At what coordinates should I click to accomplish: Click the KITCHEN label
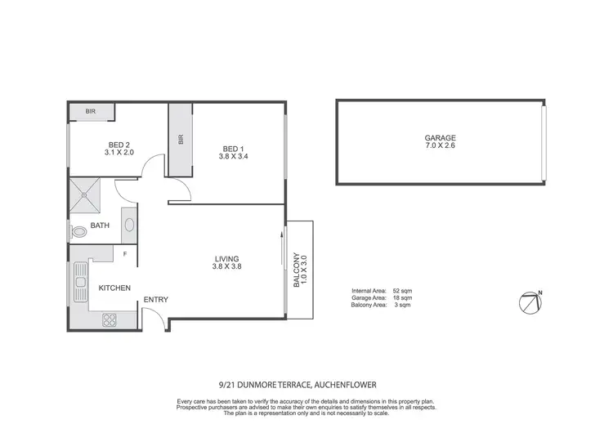(115, 288)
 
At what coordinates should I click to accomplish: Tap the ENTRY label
(155, 300)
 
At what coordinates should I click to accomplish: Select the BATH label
(100, 225)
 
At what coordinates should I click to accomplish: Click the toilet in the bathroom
(79, 233)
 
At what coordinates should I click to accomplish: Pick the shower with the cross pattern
(89, 193)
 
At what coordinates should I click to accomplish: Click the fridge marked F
(124, 254)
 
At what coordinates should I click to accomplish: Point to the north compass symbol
(530, 301)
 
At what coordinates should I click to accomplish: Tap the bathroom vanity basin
(129, 222)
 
